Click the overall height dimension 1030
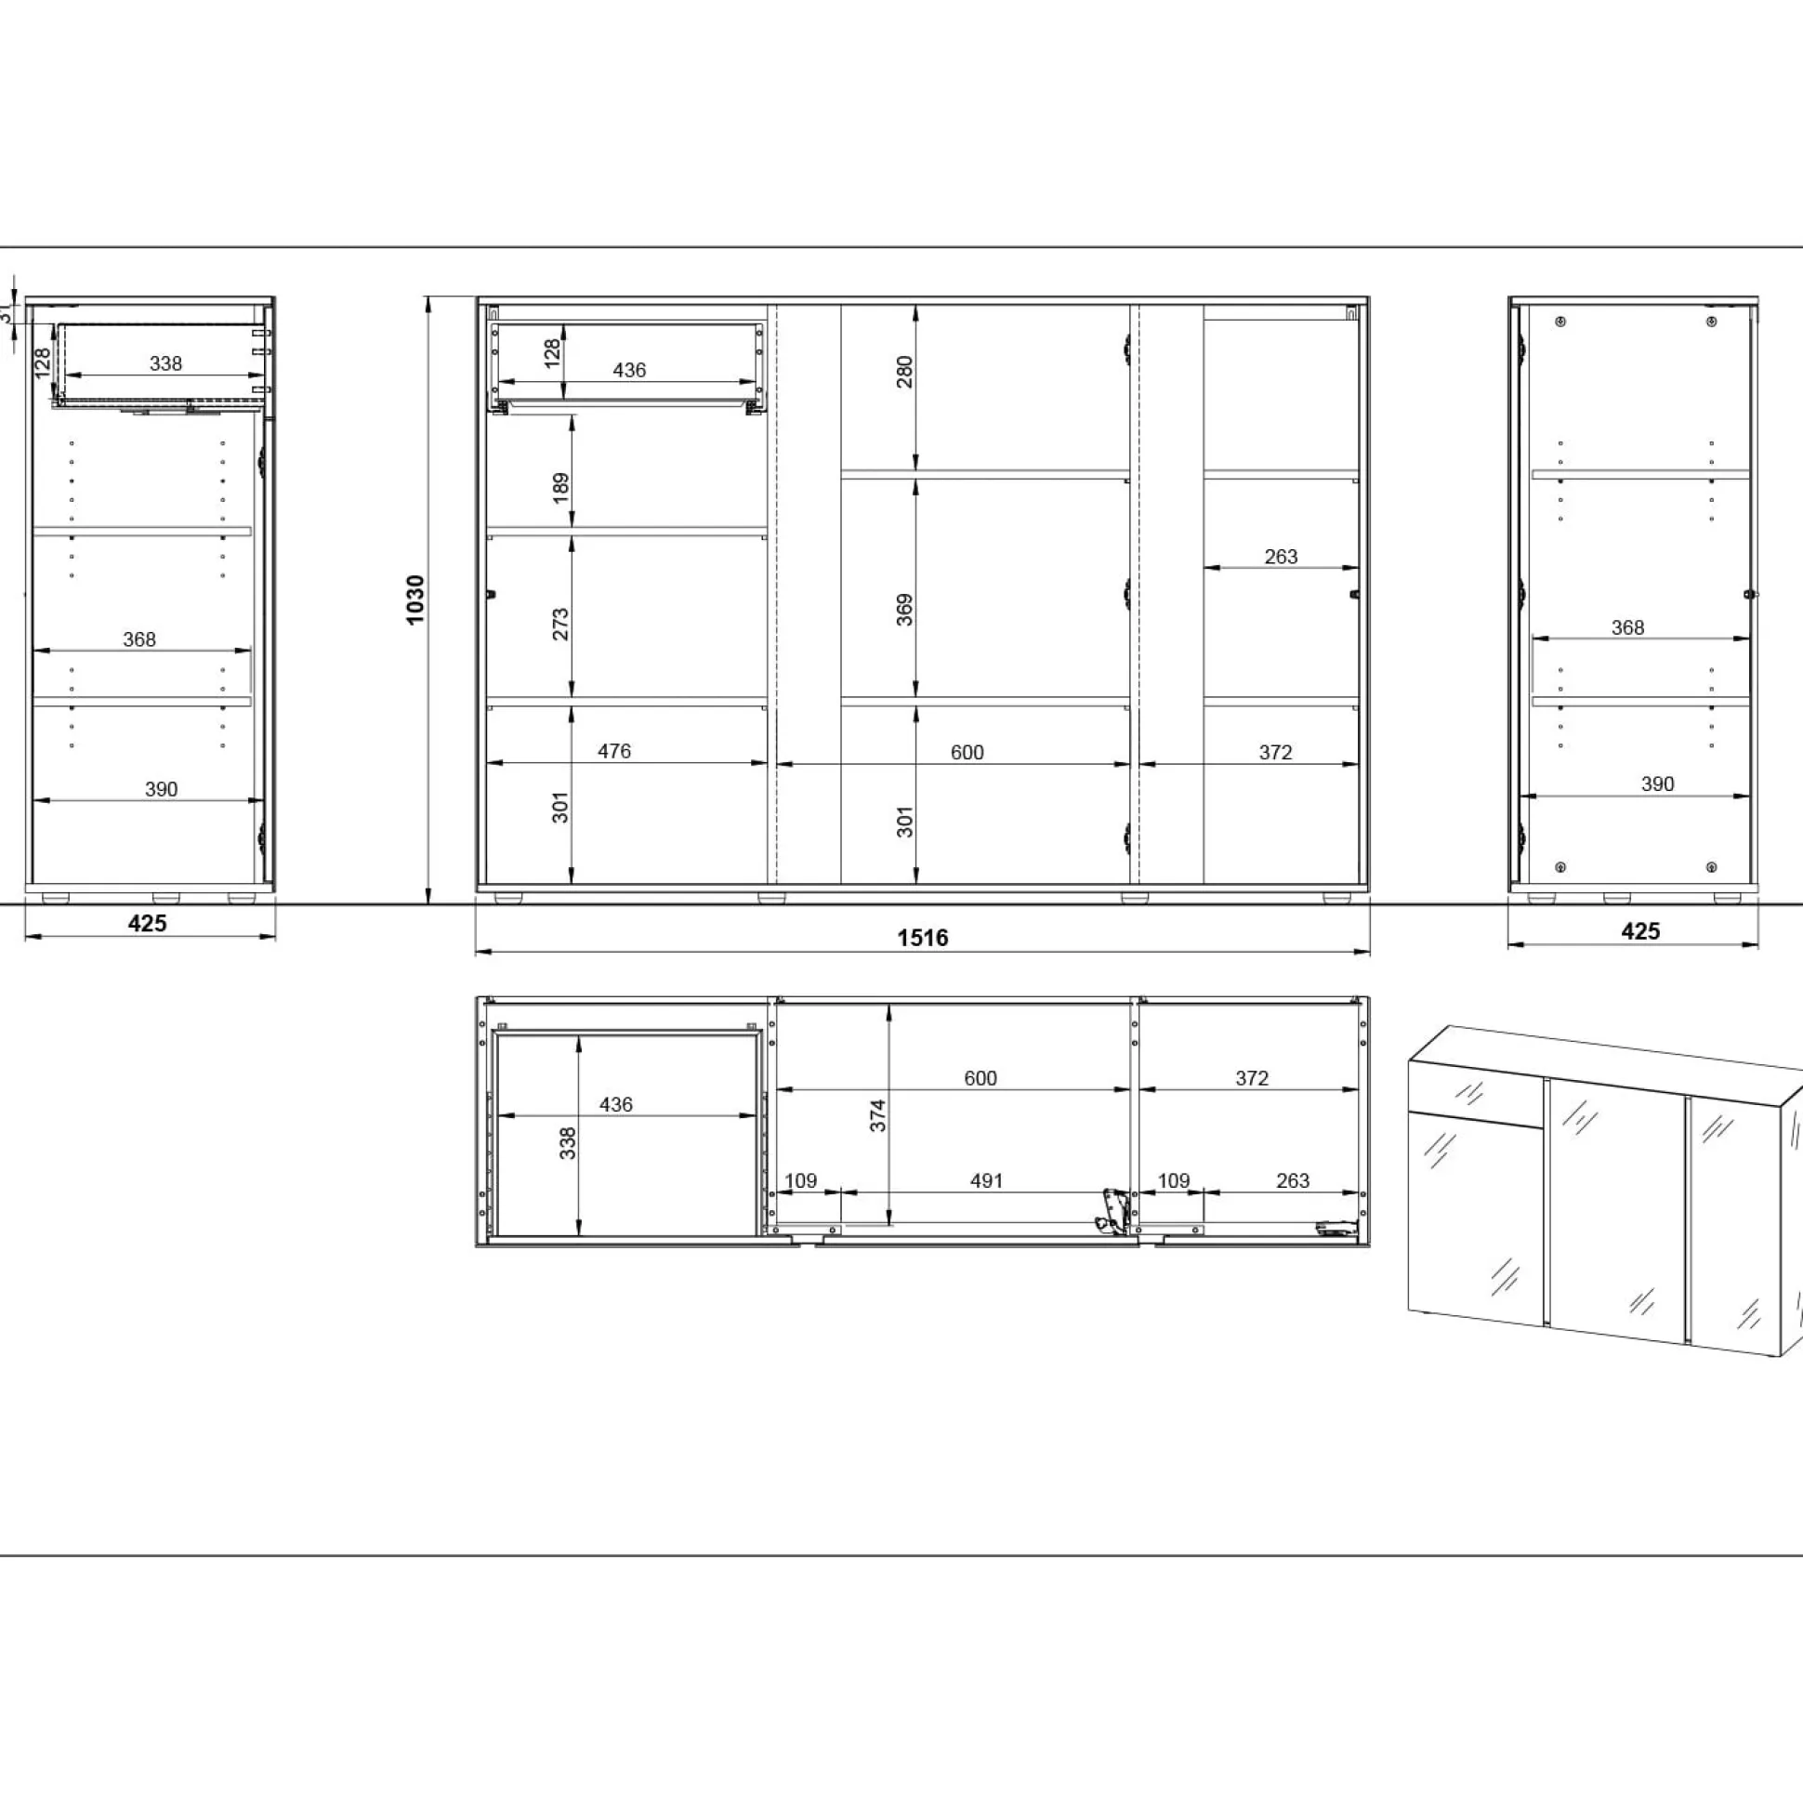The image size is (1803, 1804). tap(415, 599)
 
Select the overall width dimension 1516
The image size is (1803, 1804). tap(923, 938)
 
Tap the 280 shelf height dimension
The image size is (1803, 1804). tap(904, 372)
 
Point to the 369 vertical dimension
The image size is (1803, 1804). tap(904, 609)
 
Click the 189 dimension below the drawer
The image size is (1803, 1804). tap(560, 487)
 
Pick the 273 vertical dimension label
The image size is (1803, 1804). tap(560, 624)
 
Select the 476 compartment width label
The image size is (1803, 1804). tap(614, 751)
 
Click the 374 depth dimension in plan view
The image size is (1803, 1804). tap(877, 1116)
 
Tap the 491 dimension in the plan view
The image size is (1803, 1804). tap(986, 1180)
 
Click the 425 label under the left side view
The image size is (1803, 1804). tap(148, 924)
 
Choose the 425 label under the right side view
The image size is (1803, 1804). tap(1640, 931)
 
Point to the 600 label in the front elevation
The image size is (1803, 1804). tap(967, 752)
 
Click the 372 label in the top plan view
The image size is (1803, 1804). tap(1252, 1077)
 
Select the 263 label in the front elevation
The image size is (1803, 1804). tap(1281, 557)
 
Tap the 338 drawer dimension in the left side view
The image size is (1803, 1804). tap(166, 363)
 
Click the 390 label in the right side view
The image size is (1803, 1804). tap(1657, 783)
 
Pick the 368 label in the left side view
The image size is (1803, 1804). tap(139, 639)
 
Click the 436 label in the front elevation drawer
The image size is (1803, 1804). tap(629, 370)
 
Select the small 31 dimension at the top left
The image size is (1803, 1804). tap(7, 312)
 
